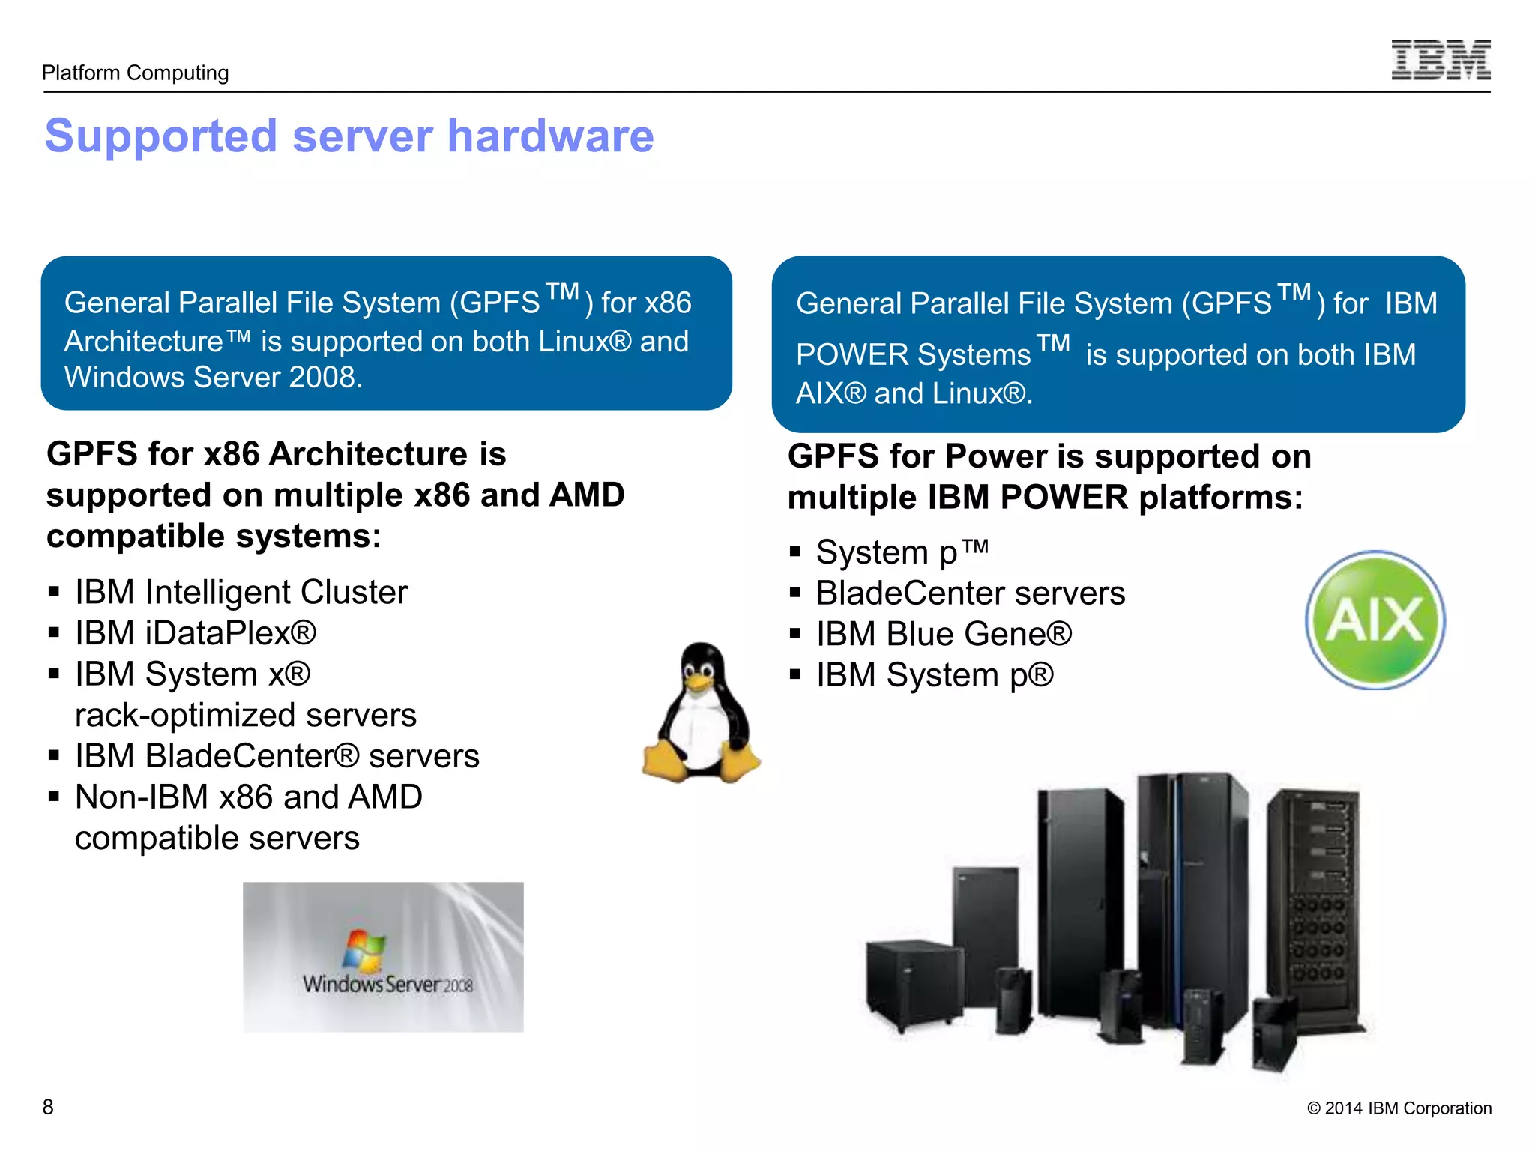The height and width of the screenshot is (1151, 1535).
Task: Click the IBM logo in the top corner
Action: pos(1441,60)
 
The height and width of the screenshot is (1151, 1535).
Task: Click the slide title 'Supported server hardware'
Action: pos(349,136)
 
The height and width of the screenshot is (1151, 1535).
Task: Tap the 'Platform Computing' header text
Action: pos(135,73)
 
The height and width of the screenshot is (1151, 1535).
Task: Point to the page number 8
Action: pos(48,1107)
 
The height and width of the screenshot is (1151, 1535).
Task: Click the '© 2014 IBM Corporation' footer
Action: pos(1399,1108)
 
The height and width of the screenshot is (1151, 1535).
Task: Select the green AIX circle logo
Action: pos(1375,620)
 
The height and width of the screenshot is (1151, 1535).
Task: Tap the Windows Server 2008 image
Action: pos(383,957)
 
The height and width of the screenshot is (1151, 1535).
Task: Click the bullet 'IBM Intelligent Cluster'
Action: pos(241,592)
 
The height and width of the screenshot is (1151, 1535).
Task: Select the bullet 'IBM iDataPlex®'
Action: pos(195,633)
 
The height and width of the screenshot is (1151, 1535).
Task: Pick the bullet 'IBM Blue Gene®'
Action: pos(943,634)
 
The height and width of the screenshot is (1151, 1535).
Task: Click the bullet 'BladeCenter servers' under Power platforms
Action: pos(970,593)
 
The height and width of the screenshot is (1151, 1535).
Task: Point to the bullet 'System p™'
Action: pos(902,552)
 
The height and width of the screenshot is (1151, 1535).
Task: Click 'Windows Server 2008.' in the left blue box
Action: pos(214,377)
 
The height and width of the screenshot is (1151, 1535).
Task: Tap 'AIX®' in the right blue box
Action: pos(830,393)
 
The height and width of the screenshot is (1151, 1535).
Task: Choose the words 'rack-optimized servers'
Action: pos(245,715)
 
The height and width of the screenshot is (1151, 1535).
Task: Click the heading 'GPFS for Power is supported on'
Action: pos(1049,456)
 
